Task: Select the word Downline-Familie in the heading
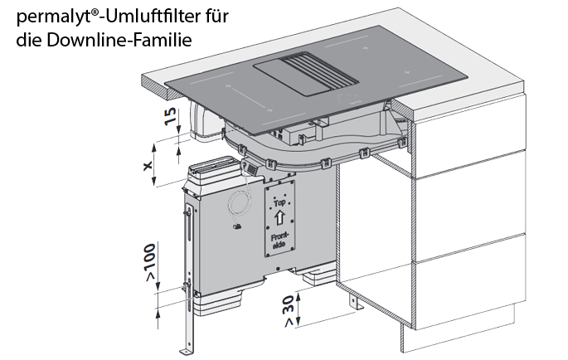coord(119,40)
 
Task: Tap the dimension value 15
coord(170,116)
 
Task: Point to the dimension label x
coord(147,166)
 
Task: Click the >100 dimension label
coord(149,262)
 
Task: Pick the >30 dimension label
coord(288,310)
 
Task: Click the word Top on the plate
coord(279,203)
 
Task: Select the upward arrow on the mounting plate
coord(279,218)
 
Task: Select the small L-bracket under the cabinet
coord(356,304)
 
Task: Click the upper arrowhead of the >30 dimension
coord(299,296)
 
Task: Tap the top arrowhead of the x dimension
coord(155,147)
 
